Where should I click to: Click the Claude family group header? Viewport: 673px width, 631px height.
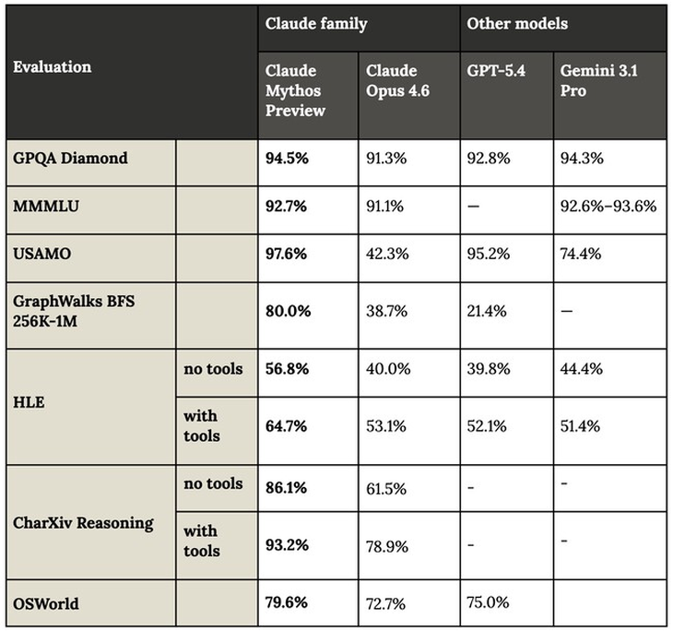[x=315, y=24]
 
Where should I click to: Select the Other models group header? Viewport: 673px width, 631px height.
[x=516, y=24]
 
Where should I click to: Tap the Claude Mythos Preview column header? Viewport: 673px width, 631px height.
[x=295, y=90]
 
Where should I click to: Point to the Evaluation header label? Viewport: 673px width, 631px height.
[x=53, y=67]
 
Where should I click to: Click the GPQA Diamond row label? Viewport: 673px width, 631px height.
[x=70, y=159]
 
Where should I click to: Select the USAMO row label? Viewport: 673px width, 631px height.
[x=41, y=254]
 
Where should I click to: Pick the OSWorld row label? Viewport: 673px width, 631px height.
[x=45, y=604]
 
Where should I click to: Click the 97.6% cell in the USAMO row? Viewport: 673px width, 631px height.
[x=287, y=254]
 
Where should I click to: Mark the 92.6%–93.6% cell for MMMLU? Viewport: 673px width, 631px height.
[x=608, y=207]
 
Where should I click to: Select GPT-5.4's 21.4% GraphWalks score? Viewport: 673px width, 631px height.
[x=487, y=311]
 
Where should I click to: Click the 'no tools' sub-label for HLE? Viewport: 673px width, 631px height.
[x=213, y=369]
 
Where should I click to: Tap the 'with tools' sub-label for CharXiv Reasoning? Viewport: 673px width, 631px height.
[x=202, y=541]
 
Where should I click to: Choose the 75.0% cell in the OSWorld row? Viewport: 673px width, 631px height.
[x=488, y=604]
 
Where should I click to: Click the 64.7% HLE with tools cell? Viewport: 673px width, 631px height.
[x=287, y=425]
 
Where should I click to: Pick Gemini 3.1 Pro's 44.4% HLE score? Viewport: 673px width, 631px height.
[x=582, y=369]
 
